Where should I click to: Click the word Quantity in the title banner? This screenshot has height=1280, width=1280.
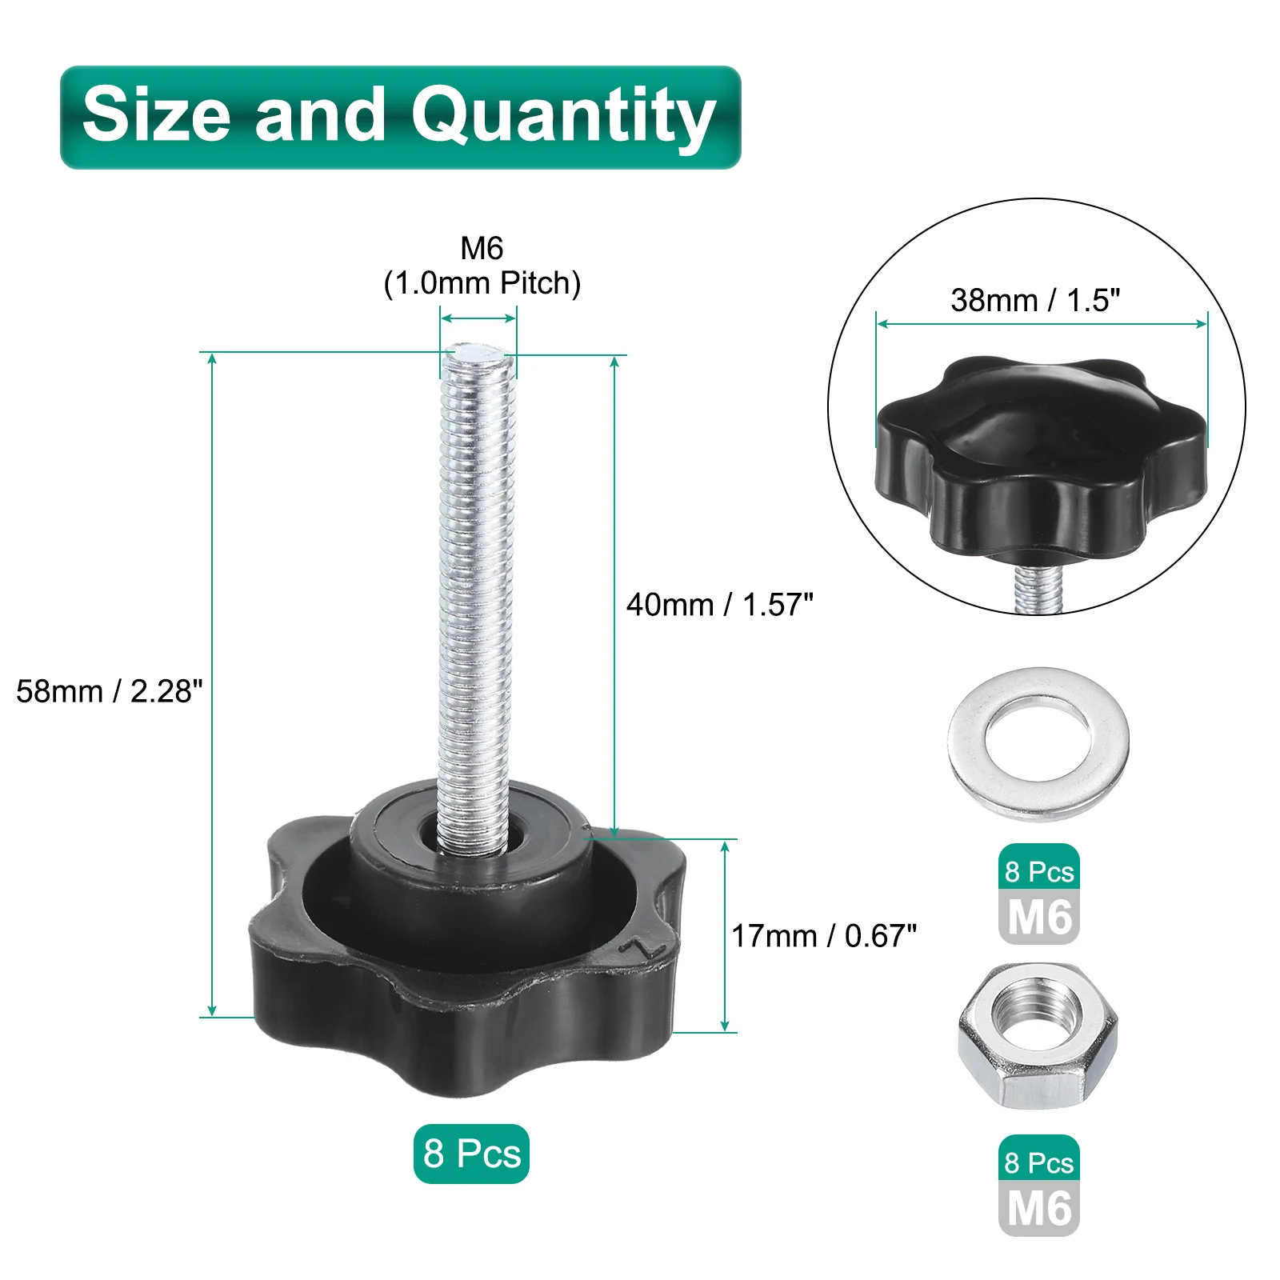point(563,117)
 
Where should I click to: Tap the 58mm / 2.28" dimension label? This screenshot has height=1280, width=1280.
point(110,691)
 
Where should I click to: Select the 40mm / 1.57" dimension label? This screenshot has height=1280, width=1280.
point(720,605)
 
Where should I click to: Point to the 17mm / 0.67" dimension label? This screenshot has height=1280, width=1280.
point(824,936)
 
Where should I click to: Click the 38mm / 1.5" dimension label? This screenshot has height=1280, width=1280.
point(1035,300)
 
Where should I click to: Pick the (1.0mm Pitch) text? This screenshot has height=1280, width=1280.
point(482,283)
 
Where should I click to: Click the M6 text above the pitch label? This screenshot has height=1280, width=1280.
point(482,248)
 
